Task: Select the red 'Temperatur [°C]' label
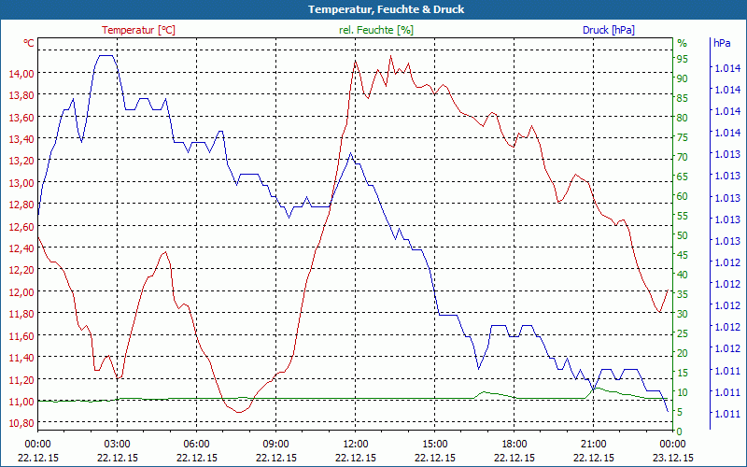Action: pos(138,30)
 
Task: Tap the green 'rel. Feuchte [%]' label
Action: pos(375,30)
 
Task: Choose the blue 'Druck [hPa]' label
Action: pos(608,30)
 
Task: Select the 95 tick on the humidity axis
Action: pos(683,59)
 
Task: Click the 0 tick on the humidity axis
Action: pos(680,431)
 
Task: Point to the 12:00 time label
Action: pos(355,444)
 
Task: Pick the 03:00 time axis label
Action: pos(117,444)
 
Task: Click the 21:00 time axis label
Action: pos(593,444)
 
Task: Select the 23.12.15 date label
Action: pos(672,458)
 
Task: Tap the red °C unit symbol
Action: pos(29,43)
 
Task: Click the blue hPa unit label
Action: pos(722,43)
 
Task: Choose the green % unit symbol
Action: pos(682,43)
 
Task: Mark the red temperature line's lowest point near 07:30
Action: pos(239,411)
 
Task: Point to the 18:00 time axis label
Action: pos(514,444)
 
